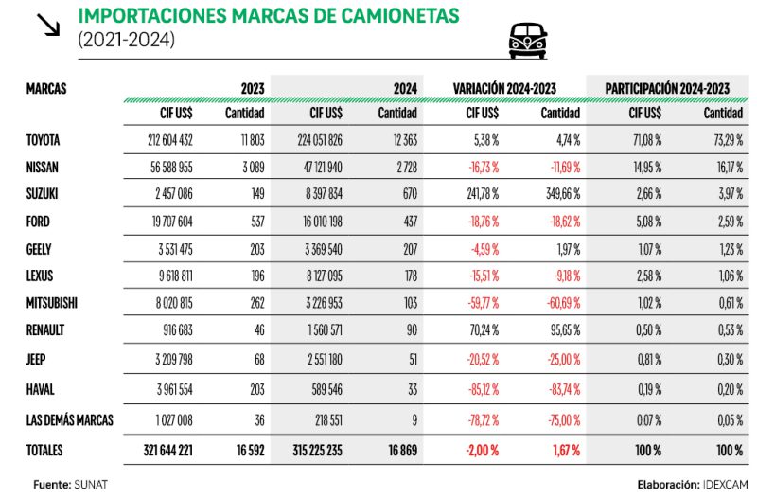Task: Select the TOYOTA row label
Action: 44,140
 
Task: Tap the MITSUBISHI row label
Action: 53,304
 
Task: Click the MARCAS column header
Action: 46,88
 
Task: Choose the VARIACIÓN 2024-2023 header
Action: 503,88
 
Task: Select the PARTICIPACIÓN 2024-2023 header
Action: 667,88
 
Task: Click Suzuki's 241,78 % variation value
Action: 480,195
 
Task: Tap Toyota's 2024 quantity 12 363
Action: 397,140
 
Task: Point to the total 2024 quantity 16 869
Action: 397,451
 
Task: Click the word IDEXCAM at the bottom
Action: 727,484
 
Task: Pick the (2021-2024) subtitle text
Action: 127,40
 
